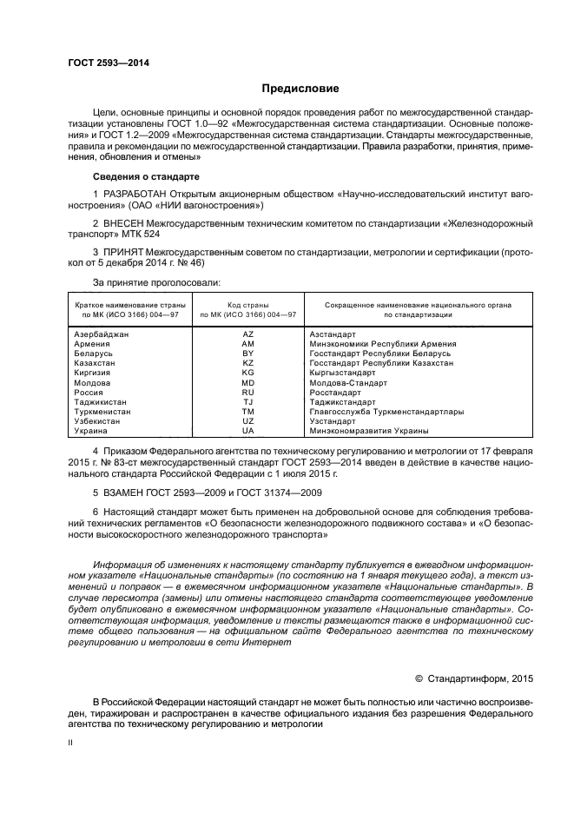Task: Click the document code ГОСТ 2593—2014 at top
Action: click(x=109, y=63)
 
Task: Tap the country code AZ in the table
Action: click(x=247, y=334)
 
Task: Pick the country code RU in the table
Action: click(x=247, y=392)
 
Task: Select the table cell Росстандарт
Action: click(x=333, y=392)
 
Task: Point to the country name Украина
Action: click(x=90, y=431)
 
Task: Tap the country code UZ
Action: click(x=247, y=421)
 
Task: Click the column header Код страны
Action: click(x=247, y=305)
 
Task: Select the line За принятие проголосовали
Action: click(x=156, y=282)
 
